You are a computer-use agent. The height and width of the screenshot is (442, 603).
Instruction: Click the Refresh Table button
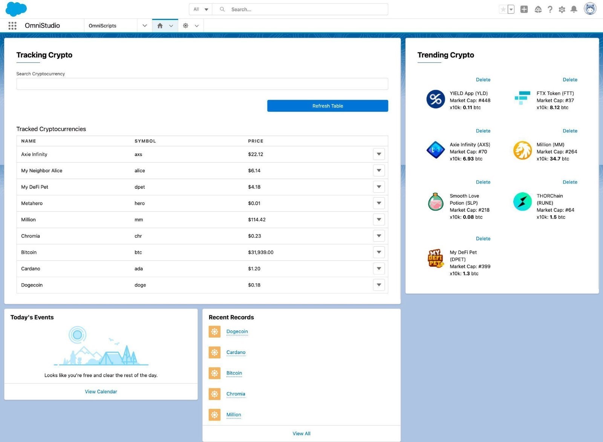pyautogui.click(x=328, y=106)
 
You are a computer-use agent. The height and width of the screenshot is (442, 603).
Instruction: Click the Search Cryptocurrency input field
pyautogui.click(x=202, y=84)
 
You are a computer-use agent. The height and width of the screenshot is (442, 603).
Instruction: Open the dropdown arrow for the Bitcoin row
pyautogui.click(x=379, y=252)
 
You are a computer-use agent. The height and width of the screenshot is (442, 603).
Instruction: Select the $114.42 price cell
pyautogui.click(x=257, y=219)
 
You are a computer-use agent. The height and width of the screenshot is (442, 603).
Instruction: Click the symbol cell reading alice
pyautogui.click(x=140, y=170)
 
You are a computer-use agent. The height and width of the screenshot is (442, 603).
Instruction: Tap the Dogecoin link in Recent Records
pyautogui.click(x=237, y=331)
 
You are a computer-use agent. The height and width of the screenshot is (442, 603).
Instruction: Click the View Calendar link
pyautogui.click(x=101, y=391)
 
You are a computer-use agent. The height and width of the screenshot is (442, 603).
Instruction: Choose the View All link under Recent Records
pyautogui.click(x=301, y=433)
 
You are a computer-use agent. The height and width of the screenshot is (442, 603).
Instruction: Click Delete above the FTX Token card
pyautogui.click(x=570, y=80)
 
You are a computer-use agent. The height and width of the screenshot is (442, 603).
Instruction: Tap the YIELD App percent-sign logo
pyautogui.click(x=436, y=99)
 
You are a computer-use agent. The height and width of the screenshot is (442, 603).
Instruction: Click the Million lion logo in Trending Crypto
pyautogui.click(x=522, y=150)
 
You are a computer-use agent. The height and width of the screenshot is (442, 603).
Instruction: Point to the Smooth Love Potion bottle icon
pyautogui.click(x=436, y=202)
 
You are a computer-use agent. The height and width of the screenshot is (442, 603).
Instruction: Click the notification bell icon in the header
pyautogui.click(x=574, y=9)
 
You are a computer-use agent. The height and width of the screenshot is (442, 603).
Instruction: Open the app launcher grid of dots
pyautogui.click(x=12, y=26)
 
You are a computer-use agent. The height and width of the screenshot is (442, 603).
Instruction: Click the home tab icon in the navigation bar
pyautogui.click(x=160, y=26)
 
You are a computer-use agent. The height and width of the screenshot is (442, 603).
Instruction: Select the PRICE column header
pyautogui.click(x=256, y=141)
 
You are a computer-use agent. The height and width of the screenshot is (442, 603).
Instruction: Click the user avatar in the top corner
pyautogui.click(x=590, y=9)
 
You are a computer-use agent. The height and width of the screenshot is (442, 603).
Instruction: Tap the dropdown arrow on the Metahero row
pyautogui.click(x=379, y=203)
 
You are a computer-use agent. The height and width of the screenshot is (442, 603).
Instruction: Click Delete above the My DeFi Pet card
pyautogui.click(x=483, y=239)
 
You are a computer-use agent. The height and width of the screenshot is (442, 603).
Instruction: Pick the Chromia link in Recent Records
pyautogui.click(x=236, y=394)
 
